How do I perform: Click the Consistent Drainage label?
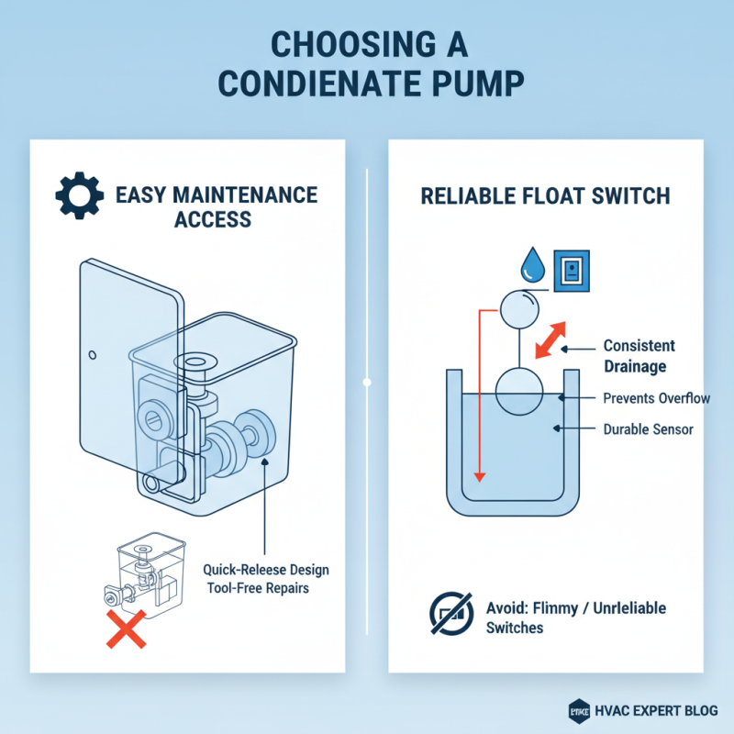point(639,356)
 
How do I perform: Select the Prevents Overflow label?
point(656,398)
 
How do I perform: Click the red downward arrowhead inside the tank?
point(478,475)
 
